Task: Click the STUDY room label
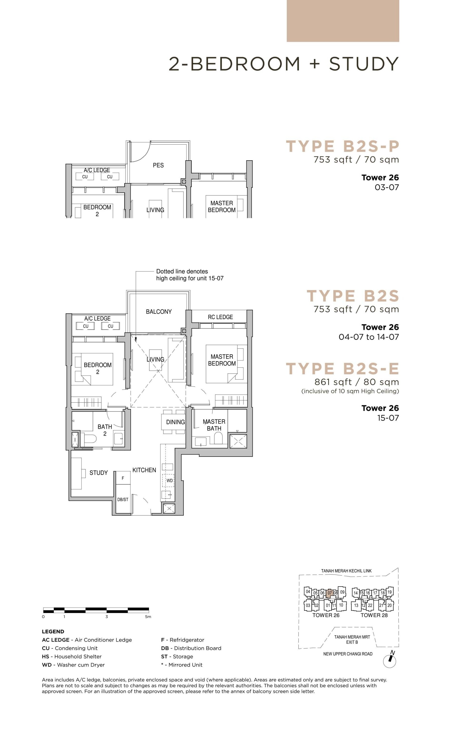99,473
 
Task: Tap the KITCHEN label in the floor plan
144,470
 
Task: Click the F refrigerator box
123,478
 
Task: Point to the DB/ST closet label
123,499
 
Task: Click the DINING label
175,422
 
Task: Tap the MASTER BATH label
214,425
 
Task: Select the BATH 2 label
105,430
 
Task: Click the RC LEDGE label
220,317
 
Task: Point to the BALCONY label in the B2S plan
159,312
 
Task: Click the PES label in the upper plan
158,165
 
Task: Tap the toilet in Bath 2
90,439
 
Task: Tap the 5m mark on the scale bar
148,617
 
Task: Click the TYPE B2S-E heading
342,369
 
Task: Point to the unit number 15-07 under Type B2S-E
388,418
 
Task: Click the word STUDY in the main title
364,64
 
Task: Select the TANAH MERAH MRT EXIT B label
352,639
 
